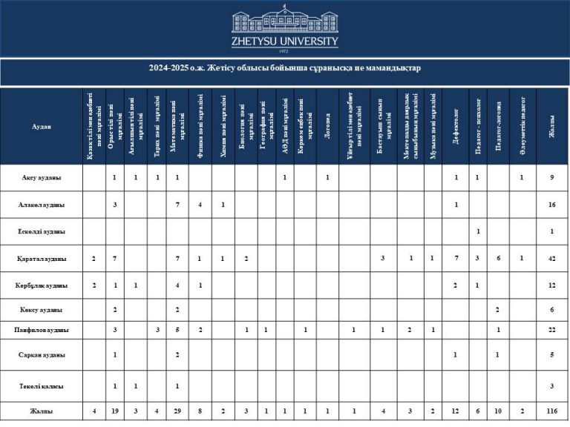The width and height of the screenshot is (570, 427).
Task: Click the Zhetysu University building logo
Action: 284,21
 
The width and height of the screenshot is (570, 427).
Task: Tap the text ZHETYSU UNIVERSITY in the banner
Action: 284,42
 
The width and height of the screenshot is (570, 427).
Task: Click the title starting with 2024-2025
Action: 284,69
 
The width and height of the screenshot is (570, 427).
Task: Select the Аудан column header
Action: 42,127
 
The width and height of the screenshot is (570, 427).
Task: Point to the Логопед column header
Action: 327,127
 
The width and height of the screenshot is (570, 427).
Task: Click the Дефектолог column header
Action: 456,127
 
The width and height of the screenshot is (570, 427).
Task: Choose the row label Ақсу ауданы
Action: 42,177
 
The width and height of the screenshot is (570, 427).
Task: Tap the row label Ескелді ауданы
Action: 42,231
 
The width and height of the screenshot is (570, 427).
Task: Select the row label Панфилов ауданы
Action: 42,328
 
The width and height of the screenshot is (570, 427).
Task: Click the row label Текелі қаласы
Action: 42,385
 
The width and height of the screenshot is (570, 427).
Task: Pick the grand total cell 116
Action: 551,411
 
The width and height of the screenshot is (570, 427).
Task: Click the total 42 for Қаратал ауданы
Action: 551,259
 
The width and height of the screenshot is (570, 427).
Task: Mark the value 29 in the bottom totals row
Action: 177,411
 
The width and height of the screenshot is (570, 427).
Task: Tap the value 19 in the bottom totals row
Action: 114,411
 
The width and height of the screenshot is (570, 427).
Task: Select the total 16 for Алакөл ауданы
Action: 551,204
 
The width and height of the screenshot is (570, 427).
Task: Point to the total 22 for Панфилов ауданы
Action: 551,328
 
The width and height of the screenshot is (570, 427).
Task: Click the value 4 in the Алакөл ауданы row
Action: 200,204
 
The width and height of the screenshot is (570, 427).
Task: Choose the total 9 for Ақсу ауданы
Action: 551,177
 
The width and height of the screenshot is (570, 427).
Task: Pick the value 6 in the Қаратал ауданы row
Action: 499,259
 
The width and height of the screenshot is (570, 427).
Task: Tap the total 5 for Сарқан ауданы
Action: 551,355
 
